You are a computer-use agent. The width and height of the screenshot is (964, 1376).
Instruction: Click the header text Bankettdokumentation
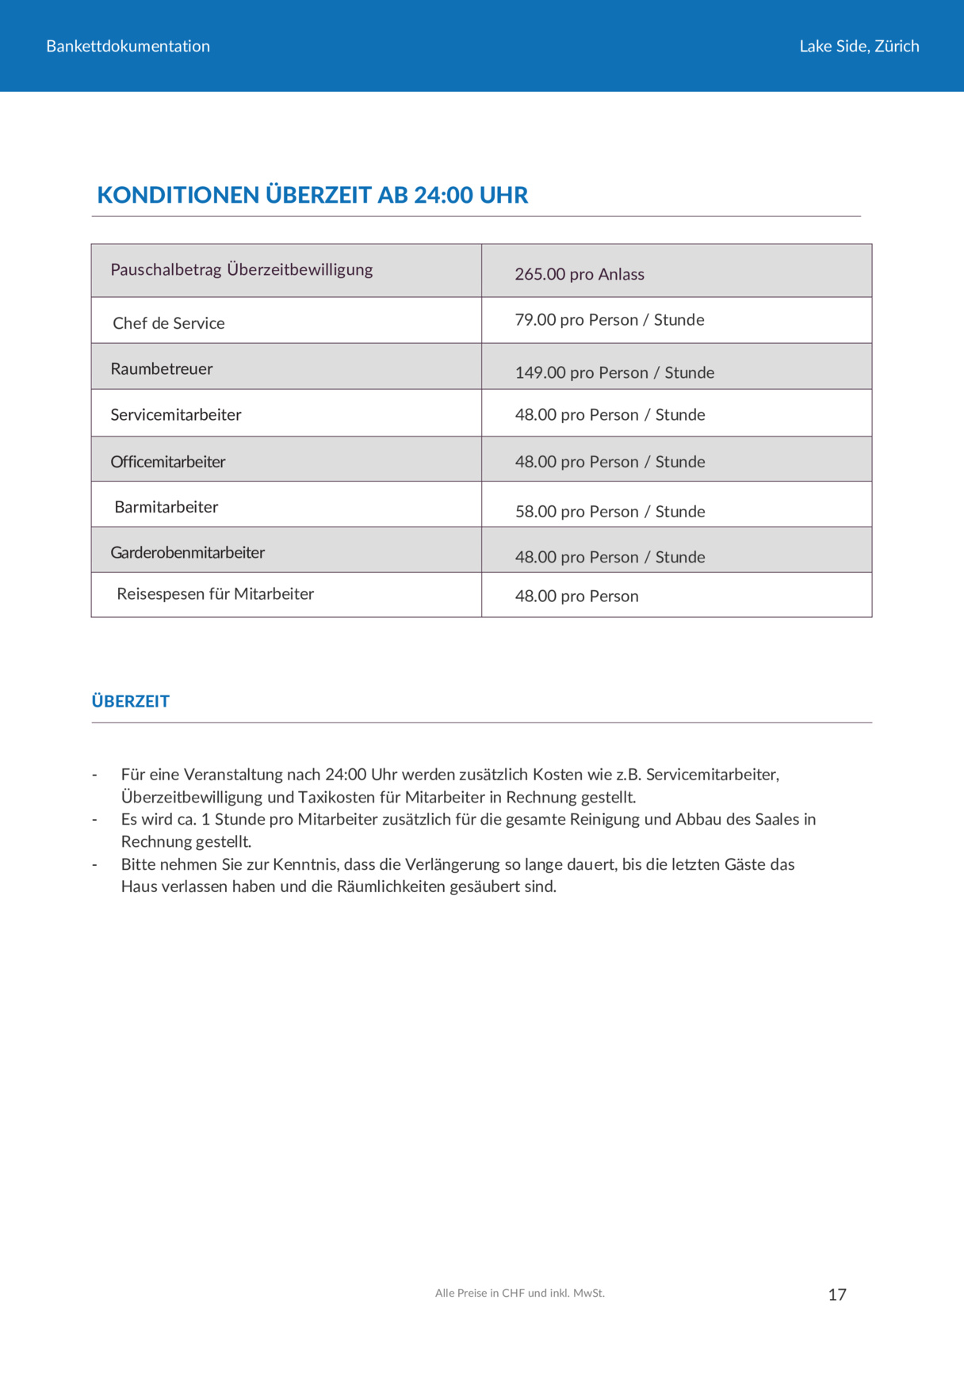[x=128, y=46]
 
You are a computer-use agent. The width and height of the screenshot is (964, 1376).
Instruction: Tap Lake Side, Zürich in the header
[x=859, y=46]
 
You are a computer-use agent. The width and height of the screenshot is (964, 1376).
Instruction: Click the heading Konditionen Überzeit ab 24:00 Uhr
[x=312, y=195]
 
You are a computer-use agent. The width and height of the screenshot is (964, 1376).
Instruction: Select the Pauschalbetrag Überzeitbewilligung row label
[x=241, y=269]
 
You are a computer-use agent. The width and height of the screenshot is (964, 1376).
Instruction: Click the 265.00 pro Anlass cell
[x=579, y=274]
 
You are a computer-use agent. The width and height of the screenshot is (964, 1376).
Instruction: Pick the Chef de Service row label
[x=168, y=323]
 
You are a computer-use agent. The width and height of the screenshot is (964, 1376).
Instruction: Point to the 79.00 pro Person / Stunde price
[x=609, y=320]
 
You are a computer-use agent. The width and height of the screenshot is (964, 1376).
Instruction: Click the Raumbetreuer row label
[x=161, y=368]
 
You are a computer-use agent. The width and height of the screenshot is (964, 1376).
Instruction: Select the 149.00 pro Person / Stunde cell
[x=614, y=372]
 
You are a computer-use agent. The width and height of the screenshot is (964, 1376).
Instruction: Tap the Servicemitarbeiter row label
[x=175, y=414]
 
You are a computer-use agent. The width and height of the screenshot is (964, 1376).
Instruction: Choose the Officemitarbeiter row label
[x=167, y=462]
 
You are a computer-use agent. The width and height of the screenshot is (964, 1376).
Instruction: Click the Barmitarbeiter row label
[x=166, y=507]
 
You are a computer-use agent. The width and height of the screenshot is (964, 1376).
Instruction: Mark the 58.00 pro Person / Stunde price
[x=610, y=512]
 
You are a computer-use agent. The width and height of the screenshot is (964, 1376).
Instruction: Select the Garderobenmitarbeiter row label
[x=187, y=552]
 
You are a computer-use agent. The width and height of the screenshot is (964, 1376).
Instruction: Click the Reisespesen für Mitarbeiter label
[x=215, y=594]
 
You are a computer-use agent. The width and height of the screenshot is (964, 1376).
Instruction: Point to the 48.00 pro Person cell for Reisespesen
[x=576, y=597]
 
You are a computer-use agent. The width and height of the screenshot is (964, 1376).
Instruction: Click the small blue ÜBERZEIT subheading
[x=130, y=701]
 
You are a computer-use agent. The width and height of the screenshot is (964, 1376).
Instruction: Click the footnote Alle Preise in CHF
[x=519, y=1293]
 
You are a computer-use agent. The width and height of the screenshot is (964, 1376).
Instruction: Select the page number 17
[x=837, y=1294]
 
